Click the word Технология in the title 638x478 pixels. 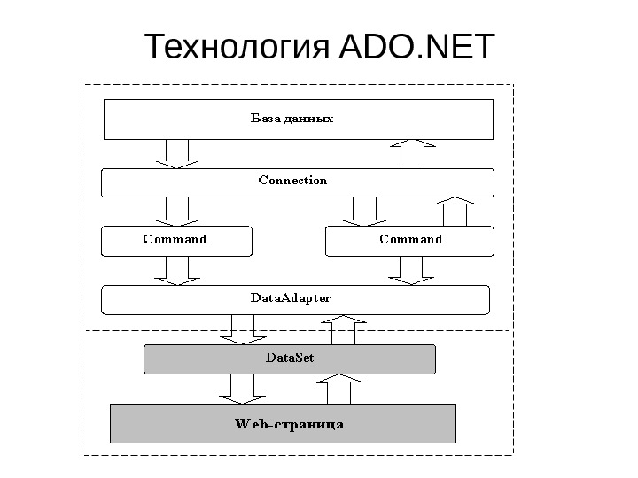coord(237,48)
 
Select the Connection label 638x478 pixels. coord(292,181)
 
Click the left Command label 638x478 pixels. coord(175,239)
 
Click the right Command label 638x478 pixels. coord(410,239)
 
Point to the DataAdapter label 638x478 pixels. coord(291,298)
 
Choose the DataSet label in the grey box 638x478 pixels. coord(290,358)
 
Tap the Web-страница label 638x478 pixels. coord(289,424)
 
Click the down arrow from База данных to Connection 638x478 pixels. coord(176,153)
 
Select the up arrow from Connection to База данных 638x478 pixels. coord(414,154)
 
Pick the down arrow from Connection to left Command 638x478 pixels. coord(176,212)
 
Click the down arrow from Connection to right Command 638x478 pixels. coord(360,212)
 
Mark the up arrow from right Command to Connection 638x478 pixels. coord(455,212)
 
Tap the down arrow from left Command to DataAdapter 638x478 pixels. coord(176,271)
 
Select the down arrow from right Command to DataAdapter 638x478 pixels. coord(410,271)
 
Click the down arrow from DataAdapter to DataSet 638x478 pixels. coord(242,329)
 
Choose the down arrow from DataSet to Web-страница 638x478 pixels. coord(242,389)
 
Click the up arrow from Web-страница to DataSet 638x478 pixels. coord(339,389)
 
